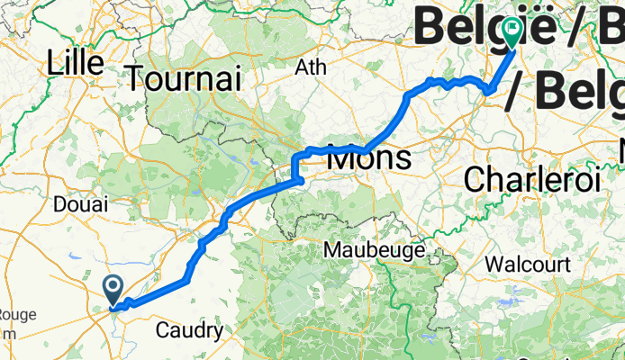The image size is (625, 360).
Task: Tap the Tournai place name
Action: click(185, 77)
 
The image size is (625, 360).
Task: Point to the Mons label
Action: click(369, 159)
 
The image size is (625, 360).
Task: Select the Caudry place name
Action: click(189, 330)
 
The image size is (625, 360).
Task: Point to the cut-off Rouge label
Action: click(16, 314)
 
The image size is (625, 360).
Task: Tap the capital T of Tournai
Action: click(136, 77)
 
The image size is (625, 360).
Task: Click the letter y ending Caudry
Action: click(217, 333)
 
